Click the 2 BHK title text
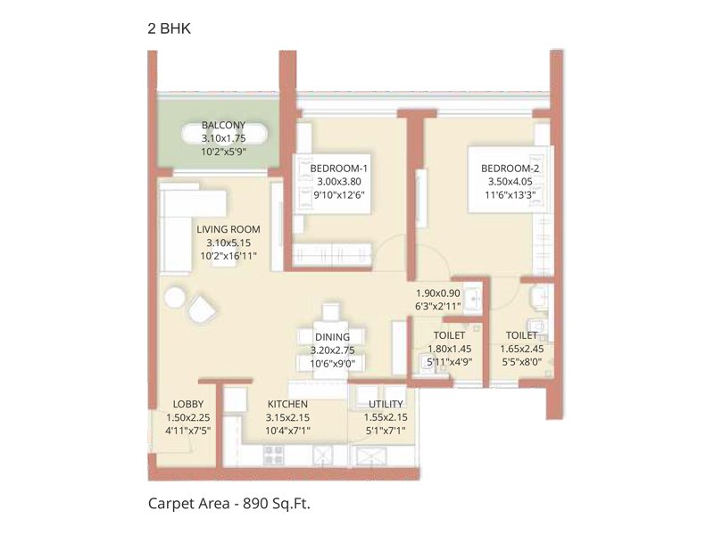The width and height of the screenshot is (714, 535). [x=169, y=29]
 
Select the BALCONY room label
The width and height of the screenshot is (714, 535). [x=223, y=125]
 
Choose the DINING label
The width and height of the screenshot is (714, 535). [x=331, y=337]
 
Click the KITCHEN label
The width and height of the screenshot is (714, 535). [x=286, y=404]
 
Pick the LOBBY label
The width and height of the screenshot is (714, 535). [x=188, y=404]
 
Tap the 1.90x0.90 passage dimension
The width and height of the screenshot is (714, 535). [x=438, y=292]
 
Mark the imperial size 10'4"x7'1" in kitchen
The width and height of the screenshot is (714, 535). [x=286, y=431]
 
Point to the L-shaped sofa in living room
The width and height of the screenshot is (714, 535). [x=178, y=223]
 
